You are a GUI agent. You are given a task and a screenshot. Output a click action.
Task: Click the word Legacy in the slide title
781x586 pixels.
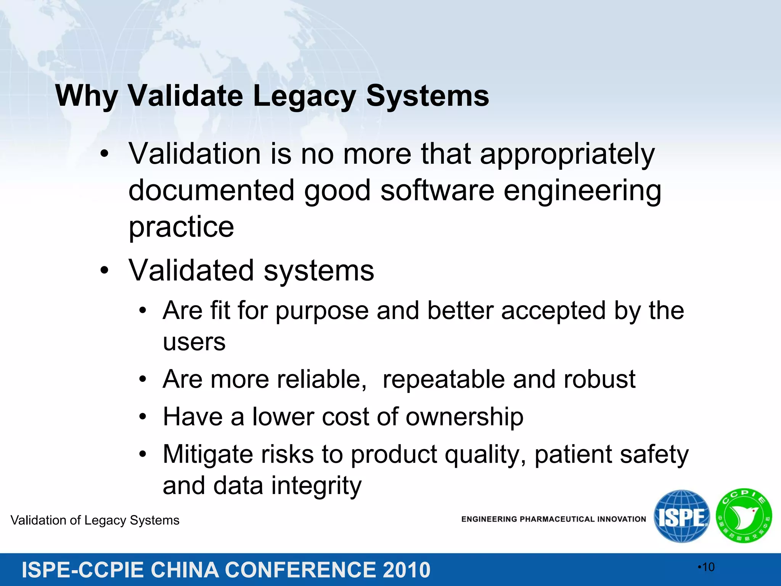coord(304,96)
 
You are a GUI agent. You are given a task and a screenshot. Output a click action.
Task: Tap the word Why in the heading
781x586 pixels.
coord(87,96)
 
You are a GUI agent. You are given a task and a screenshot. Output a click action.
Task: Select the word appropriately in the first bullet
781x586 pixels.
coord(567,155)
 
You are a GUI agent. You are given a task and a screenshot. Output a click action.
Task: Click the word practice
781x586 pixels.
coord(181,227)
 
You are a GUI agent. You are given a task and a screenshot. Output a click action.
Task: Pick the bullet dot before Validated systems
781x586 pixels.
coord(104,271)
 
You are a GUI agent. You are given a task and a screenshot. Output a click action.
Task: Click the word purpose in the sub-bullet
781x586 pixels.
coord(322,311)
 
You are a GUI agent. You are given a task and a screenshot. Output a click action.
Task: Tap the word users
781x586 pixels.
coord(194,342)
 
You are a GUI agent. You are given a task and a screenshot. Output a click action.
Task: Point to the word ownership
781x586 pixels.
coord(464,417)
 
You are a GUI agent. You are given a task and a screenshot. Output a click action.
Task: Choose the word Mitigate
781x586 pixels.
coord(208,454)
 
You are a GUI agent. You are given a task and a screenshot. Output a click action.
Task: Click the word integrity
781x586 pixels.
coord(316,486)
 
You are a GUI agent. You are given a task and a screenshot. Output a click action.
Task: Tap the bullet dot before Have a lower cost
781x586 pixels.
coord(143,417)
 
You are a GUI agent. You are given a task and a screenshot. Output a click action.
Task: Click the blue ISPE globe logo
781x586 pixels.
coord(681,516)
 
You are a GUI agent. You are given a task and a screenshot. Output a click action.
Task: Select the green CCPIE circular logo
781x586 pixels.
coord(744,516)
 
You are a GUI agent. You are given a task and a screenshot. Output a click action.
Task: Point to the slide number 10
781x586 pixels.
coord(708,567)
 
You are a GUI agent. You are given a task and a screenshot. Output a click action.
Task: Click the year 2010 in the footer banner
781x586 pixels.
coord(406,570)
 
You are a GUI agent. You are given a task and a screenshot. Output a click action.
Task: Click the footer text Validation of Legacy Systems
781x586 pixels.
coord(95,520)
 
